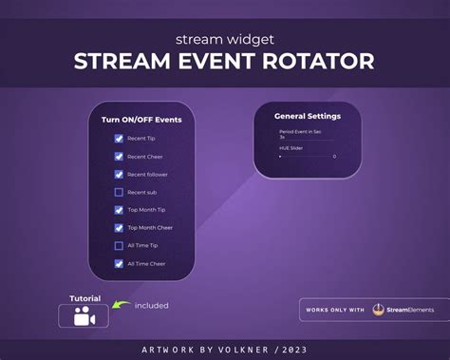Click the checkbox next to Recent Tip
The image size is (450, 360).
click(x=119, y=139)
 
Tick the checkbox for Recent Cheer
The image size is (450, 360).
click(x=119, y=157)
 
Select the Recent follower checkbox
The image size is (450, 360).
click(x=119, y=175)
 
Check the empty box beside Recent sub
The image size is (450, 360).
click(x=119, y=193)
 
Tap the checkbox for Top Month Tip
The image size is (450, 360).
click(x=119, y=210)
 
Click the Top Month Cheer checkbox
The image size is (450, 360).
click(x=119, y=228)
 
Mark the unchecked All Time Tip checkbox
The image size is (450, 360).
click(x=119, y=246)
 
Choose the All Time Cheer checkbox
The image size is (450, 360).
click(x=119, y=264)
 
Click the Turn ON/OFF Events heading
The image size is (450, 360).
click(x=142, y=121)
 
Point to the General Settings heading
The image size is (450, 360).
click(x=307, y=116)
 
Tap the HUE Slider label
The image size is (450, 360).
click(x=291, y=147)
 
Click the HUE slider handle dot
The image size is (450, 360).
click(x=280, y=156)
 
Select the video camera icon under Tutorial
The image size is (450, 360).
click(x=84, y=317)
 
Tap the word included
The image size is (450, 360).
click(x=151, y=306)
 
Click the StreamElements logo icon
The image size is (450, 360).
click(x=378, y=310)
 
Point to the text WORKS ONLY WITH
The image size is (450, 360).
click(x=335, y=310)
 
